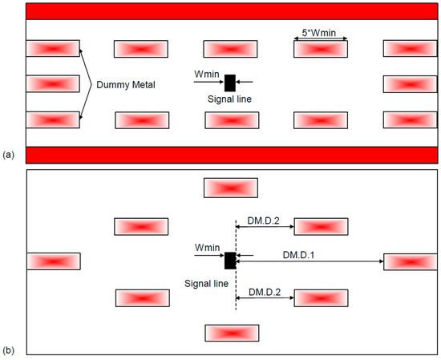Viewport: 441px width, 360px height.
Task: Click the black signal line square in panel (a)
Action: [230, 82]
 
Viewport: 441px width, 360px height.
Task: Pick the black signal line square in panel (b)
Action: [230, 260]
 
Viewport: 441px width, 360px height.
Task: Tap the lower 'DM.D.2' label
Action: [265, 289]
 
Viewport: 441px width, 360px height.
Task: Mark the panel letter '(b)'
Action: [8, 350]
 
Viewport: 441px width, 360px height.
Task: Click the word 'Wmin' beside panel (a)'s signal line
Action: [205, 74]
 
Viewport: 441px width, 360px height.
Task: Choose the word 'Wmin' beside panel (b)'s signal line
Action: [205, 251]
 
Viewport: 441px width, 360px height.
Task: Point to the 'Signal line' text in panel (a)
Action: [227, 101]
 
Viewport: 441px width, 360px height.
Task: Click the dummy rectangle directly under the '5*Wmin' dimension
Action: [321, 49]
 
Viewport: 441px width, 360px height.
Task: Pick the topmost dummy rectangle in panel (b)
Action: [231, 188]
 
